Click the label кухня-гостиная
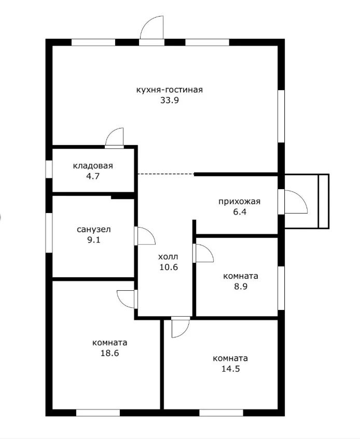(x=169, y=90)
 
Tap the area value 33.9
(x=170, y=100)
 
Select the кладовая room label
(x=93, y=166)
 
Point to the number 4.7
(x=93, y=176)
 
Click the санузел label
(x=93, y=230)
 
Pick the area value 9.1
(x=93, y=240)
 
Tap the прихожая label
(x=240, y=202)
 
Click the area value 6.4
(x=240, y=212)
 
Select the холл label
(x=168, y=257)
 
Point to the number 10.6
(x=169, y=267)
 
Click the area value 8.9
(x=241, y=287)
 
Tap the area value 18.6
(x=110, y=353)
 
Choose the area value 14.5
(x=230, y=369)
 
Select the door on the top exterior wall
(x=152, y=30)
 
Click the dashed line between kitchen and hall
(x=165, y=174)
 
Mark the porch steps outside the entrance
(x=324, y=201)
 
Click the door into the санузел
(x=145, y=236)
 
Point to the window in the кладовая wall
(x=49, y=169)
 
